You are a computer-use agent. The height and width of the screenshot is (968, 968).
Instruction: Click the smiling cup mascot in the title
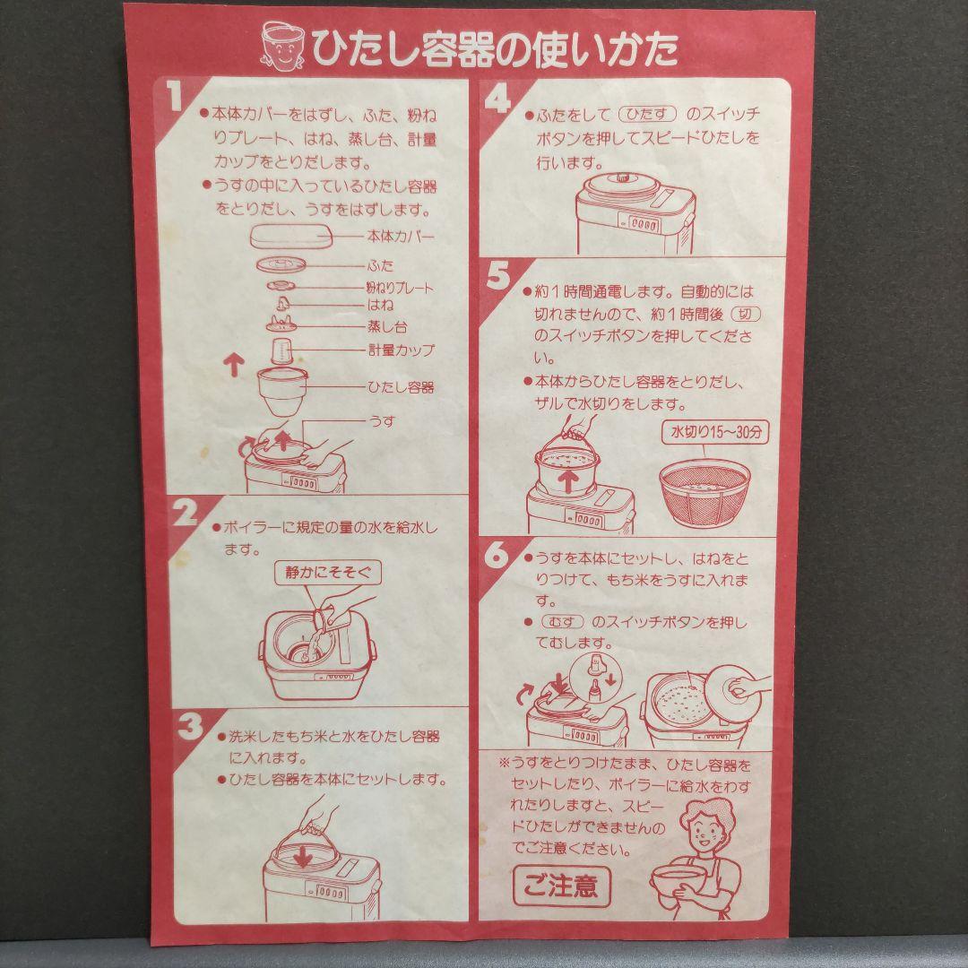coord(282,47)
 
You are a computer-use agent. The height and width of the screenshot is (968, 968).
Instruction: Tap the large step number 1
coord(176,96)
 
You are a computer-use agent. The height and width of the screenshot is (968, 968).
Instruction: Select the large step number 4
coord(498,99)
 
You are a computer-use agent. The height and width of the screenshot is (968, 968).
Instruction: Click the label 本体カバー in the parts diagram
coord(401,237)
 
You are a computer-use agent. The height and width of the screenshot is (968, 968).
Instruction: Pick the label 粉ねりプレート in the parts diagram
coord(400,288)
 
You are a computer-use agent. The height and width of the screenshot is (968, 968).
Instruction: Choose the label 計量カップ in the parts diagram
coord(402,350)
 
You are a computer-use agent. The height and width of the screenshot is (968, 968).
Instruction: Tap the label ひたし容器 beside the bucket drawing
coord(402,387)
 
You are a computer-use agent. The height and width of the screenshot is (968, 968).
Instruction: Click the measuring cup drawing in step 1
coord(281,350)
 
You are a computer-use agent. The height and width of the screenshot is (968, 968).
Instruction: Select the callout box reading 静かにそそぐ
coord(328,572)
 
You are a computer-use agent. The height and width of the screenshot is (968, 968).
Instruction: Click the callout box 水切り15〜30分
coord(715,431)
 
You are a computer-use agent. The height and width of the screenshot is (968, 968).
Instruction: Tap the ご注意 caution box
coord(562,886)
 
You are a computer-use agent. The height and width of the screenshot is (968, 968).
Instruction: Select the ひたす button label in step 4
coord(648,114)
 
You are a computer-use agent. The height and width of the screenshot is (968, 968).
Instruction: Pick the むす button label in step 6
coord(562,622)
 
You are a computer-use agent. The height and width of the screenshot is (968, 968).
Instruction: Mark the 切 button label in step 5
coord(746,314)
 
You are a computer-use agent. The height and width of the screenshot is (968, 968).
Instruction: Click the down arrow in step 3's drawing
coord(303,855)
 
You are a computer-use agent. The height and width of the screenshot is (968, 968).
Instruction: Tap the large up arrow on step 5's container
coord(568,479)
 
